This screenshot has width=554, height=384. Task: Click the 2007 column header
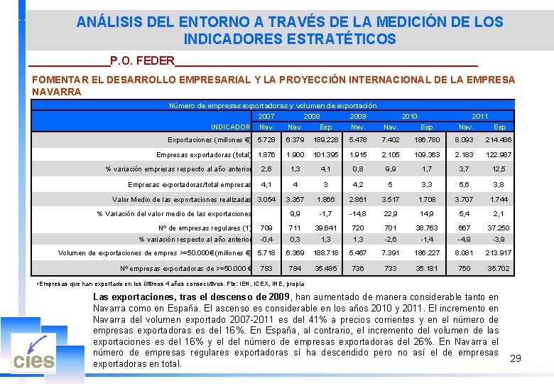point(266,116)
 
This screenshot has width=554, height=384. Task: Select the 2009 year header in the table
point(358,116)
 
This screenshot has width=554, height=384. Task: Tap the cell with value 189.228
point(325,139)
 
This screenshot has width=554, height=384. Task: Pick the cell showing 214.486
point(499,139)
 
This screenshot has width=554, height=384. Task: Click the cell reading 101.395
point(325,154)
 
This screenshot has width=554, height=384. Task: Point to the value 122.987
point(499,154)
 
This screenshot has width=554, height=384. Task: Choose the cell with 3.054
point(266,199)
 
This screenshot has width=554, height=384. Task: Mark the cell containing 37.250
point(499,228)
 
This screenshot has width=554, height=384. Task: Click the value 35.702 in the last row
point(499,269)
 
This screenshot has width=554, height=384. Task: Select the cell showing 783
point(266,269)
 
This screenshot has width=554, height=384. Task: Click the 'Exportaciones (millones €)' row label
point(210,139)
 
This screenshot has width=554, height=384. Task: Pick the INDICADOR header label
point(230,127)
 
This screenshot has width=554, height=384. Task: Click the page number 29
point(516,358)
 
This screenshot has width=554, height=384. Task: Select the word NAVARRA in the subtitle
point(57,92)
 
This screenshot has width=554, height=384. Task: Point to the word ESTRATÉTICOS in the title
point(289,40)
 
